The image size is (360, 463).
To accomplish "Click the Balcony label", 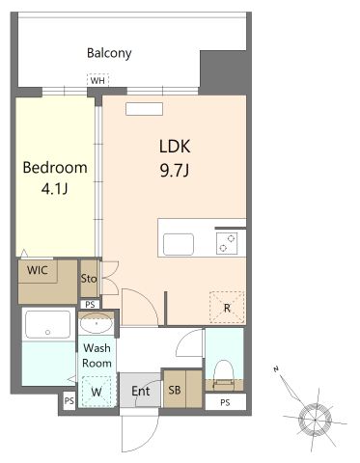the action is (x=109, y=53).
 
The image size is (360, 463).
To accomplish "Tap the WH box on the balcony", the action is (x=97, y=80).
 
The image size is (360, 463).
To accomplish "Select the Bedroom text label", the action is (x=55, y=168).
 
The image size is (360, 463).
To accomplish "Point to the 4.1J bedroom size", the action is (x=54, y=189).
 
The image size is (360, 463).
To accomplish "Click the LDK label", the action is (x=175, y=147).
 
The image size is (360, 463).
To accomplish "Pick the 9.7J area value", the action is (x=175, y=170).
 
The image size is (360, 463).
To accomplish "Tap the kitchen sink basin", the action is (x=179, y=244).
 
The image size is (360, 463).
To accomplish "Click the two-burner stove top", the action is (x=227, y=243).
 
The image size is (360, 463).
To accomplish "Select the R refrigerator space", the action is (x=227, y=308).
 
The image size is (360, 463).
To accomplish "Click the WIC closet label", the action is (x=38, y=270).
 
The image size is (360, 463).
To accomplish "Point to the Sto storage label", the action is (x=89, y=278).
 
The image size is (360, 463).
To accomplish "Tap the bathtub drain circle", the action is (x=48, y=332).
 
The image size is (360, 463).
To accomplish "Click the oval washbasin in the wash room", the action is (x=97, y=323).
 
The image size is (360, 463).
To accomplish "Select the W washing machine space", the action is (x=97, y=392).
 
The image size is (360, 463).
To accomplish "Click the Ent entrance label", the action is (x=141, y=391).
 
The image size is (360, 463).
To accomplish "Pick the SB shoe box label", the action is (x=175, y=390).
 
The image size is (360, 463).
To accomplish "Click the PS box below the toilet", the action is (x=225, y=402).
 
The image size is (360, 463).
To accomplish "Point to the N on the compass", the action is (x=276, y=369).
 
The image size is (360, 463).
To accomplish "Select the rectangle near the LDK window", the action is (x=144, y=109).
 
